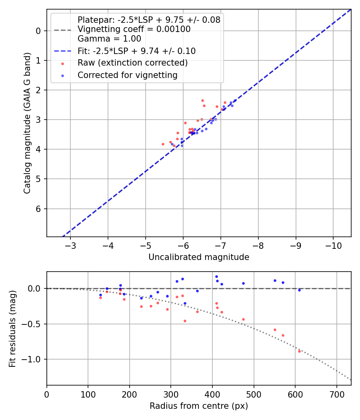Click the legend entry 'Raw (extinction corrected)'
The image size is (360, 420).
[132, 63]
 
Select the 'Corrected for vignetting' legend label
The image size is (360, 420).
[128, 75]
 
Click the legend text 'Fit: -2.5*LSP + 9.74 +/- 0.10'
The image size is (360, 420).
[136, 51]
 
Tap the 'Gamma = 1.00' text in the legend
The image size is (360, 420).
[109, 39]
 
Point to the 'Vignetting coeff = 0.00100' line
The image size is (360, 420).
[134, 29]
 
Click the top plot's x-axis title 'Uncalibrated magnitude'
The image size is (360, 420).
[199, 257]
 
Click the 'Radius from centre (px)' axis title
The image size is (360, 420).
[199, 406]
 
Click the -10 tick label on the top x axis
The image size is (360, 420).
[333, 246]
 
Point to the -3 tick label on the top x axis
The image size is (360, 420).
[71, 246]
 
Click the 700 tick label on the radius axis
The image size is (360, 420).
[336, 394]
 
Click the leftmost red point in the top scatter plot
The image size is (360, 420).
[163, 144]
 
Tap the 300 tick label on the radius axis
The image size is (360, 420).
[171, 394]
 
